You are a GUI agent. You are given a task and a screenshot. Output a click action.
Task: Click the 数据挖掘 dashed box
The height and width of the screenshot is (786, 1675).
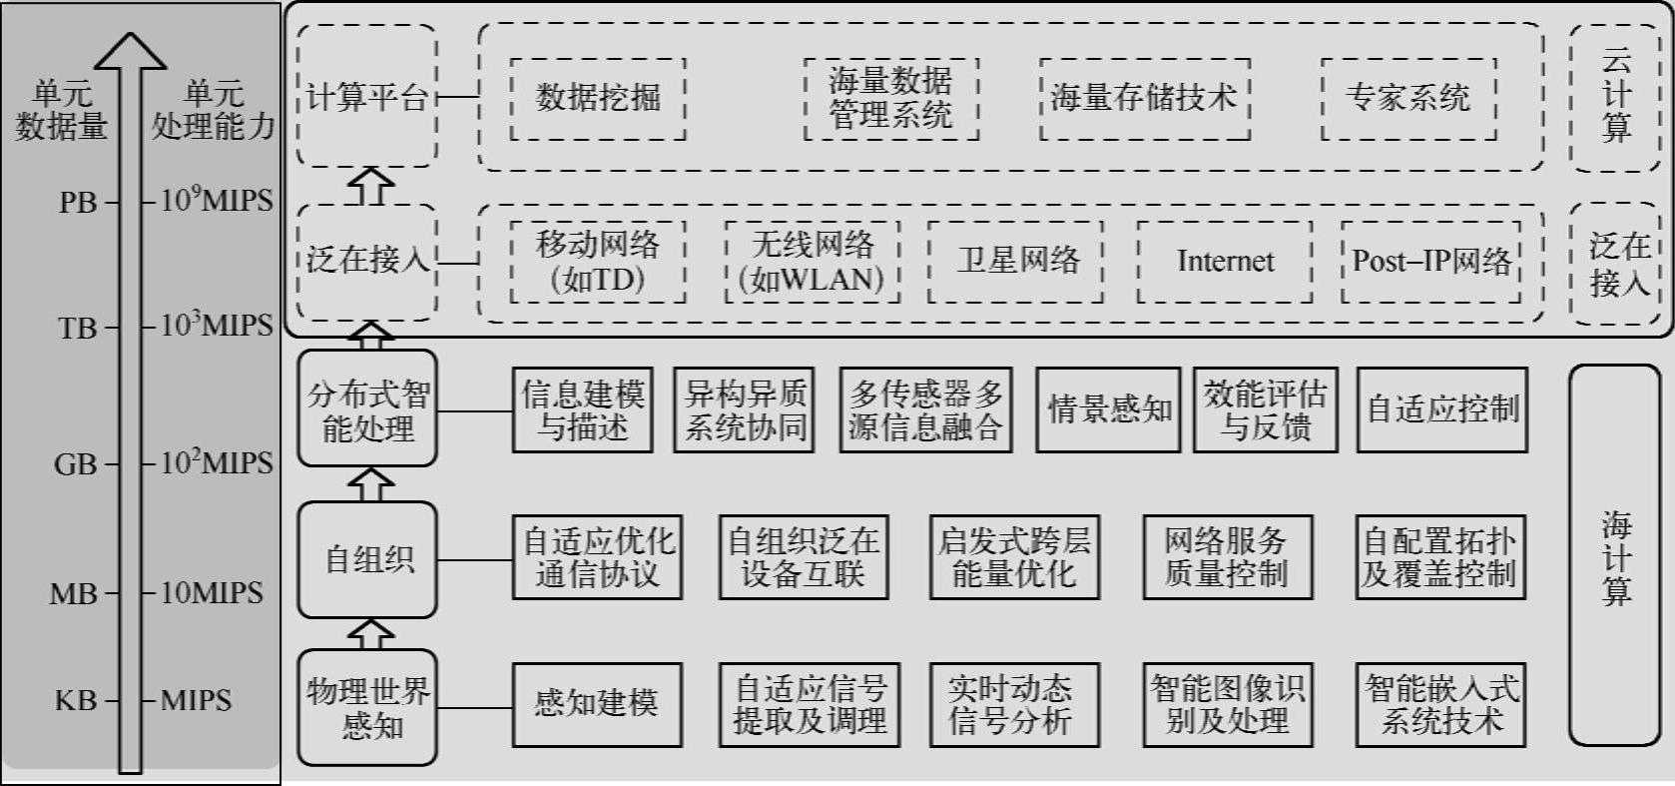point(597,98)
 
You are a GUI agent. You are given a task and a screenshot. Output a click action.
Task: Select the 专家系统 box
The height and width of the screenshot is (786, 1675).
point(1407,98)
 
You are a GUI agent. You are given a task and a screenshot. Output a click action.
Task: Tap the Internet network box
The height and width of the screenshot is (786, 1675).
point(1225,262)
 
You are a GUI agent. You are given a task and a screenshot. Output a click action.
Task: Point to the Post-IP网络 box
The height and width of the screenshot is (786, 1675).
point(1430,262)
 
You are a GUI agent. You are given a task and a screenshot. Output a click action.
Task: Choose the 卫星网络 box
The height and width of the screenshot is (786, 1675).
point(1015,262)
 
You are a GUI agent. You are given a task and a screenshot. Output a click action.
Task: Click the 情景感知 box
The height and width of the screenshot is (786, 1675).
point(1108,409)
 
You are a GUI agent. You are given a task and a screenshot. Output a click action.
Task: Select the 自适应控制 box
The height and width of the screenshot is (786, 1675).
point(1441,409)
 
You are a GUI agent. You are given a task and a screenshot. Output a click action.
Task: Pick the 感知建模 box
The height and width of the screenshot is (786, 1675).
point(597,704)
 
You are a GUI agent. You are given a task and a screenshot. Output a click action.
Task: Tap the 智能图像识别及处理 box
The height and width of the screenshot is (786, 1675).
point(1226,704)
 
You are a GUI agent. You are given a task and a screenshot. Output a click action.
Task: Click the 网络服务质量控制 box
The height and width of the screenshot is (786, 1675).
point(1226,557)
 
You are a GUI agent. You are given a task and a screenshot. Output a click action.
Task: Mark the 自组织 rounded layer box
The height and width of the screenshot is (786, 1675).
point(367,559)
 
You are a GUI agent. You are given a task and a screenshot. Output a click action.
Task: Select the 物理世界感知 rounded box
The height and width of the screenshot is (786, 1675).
point(367,707)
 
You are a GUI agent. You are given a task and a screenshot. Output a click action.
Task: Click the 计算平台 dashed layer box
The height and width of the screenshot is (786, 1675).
point(367,97)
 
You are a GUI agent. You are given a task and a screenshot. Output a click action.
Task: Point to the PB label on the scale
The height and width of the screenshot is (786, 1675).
point(78,203)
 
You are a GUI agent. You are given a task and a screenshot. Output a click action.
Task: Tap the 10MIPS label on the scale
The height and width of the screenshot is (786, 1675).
point(212,593)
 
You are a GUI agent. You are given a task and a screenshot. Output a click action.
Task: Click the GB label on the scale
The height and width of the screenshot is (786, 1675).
point(76,464)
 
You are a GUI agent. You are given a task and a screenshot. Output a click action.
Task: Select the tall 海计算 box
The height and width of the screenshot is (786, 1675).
point(1614,555)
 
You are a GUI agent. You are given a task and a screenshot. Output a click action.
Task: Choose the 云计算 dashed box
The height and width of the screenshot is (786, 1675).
point(1614,97)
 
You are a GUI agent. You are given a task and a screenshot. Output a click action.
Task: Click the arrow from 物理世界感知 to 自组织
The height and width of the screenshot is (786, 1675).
point(370,633)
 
